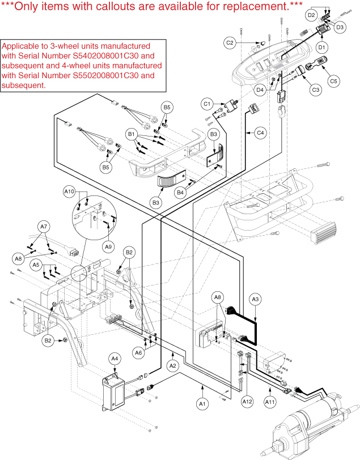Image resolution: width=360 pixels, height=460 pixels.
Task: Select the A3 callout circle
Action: (x=255, y=299)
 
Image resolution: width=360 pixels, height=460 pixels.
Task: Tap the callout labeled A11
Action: (x=271, y=402)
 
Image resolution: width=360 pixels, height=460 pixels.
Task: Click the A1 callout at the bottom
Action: (x=201, y=403)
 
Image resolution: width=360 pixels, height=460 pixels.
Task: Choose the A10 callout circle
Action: (x=69, y=191)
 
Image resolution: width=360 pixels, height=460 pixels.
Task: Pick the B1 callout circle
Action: (x=132, y=134)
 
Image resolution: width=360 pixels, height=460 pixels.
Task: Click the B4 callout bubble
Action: (x=180, y=193)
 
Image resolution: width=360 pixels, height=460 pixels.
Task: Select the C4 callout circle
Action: (x=260, y=133)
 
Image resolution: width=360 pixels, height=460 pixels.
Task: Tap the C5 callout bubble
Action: (x=334, y=81)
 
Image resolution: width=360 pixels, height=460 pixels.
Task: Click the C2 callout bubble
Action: (x=230, y=42)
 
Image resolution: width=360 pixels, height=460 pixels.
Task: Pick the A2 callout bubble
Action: (x=173, y=366)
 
